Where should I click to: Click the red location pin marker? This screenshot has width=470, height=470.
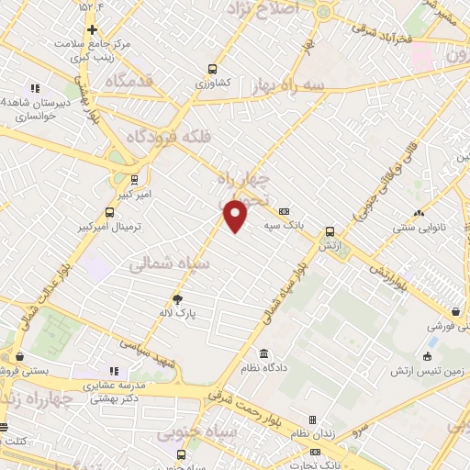click(236, 215)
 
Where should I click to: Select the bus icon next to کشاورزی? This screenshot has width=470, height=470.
click(213, 69)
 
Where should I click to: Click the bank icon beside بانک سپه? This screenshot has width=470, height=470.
click(284, 210)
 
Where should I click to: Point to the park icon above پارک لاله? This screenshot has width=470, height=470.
click(178, 298)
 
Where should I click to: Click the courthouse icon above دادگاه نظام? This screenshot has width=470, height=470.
click(263, 354)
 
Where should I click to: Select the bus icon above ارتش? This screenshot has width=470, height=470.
click(330, 232)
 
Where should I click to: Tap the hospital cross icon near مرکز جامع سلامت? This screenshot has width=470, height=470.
click(92, 29)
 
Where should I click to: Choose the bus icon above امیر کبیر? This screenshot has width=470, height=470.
click(135, 179)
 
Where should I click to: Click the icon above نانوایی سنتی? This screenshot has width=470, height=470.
click(419, 213)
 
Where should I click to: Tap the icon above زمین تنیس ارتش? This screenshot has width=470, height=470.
click(428, 356)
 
